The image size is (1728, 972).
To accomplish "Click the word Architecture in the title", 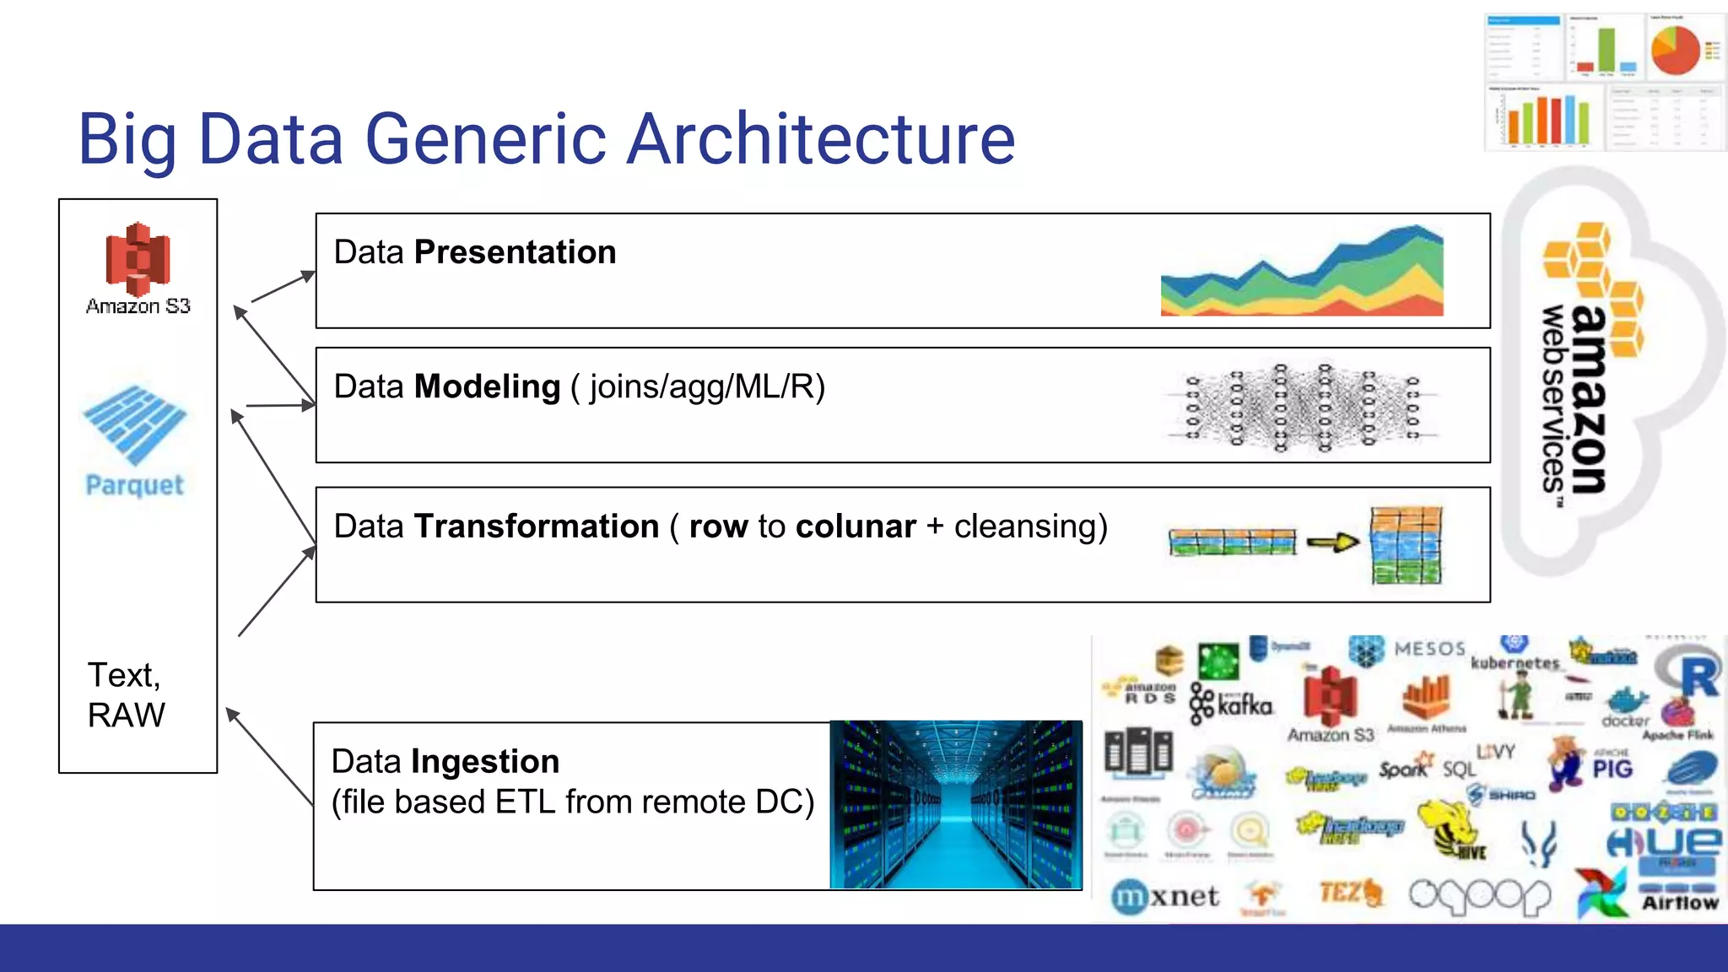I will coord(821,139).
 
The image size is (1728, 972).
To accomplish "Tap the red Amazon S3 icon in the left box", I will coord(138,256).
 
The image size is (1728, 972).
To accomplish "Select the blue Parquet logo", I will coord(135,425).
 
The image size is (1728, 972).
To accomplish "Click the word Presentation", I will coord(515,252).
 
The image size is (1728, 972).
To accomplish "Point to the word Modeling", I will coord(487,386).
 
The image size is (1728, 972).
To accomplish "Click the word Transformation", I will coord(536,526).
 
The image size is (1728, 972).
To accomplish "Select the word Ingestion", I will coord(485,761).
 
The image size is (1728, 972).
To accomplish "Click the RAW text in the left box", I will coord(127,715).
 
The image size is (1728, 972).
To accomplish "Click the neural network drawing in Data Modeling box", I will coord(1302,408).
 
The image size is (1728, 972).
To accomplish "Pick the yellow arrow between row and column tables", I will coord(1332,543).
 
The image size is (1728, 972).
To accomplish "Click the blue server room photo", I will coord(955,804).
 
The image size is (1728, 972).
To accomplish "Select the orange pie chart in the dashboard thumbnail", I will coord(1676,50).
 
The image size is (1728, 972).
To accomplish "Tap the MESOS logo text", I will coord(1429,649).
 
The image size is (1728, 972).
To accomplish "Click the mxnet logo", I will coord(1165,896).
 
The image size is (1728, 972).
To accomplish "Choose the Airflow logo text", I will coord(1679,903).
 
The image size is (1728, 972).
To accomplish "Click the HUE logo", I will coord(1662,840).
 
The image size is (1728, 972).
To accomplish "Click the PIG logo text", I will coord(1612,769).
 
